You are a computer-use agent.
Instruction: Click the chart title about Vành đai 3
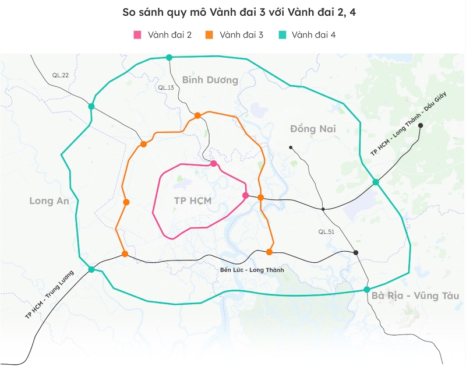pyautogui.click(x=233, y=12)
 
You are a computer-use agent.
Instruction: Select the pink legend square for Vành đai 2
pyautogui.click(x=138, y=35)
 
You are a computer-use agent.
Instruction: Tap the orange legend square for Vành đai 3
pyautogui.click(x=209, y=35)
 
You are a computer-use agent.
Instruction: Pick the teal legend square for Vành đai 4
pyautogui.click(x=281, y=35)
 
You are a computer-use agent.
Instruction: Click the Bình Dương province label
pyautogui.click(x=210, y=80)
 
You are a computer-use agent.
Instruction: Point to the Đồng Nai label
pyautogui.click(x=313, y=129)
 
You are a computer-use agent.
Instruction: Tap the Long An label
pyautogui.click(x=49, y=201)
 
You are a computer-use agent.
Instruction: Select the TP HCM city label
pyautogui.click(x=192, y=201)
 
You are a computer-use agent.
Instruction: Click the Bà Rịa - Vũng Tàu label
pyautogui.click(x=415, y=296)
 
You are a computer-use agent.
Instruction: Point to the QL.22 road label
pyautogui.click(x=60, y=75)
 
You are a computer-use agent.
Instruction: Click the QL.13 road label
pyautogui.click(x=166, y=87)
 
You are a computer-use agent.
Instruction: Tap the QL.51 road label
pyautogui.click(x=327, y=231)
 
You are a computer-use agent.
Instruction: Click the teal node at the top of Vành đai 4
pyautogui.click(x=169, y=57)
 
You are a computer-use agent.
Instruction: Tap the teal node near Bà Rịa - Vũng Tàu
pyautogui.click(x=366, y=290)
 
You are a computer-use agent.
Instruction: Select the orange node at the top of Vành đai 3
pyautogui.click(x=197, y=115)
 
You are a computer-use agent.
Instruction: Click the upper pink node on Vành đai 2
pyautogui.click(x=214, y=164)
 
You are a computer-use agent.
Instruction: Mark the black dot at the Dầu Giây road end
pyautogui.click(x=420, y=125)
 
